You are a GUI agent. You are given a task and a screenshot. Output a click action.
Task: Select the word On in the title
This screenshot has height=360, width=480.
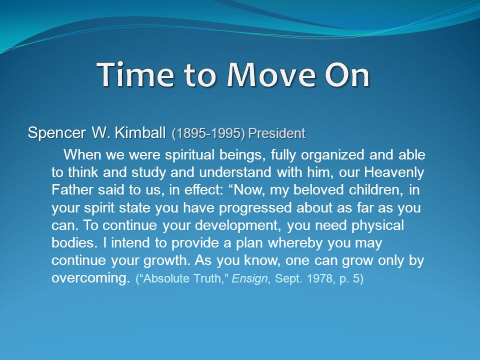point(347,74)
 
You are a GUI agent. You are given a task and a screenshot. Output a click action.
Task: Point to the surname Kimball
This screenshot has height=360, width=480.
point(140,132)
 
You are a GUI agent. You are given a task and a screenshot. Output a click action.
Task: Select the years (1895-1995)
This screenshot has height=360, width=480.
point(208,133)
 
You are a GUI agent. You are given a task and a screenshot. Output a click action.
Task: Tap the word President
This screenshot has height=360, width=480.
point(276,133)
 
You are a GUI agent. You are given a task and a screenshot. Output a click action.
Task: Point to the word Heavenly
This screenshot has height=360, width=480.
point(394,172)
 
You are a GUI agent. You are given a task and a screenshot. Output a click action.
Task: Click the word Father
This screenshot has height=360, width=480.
point(72,190)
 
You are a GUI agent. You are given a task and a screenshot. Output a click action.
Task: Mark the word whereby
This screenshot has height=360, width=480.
point(295,243)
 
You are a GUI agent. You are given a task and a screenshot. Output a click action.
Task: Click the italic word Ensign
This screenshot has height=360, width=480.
point(250,279)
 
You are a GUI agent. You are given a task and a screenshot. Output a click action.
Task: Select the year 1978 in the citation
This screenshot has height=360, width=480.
point(321,278)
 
